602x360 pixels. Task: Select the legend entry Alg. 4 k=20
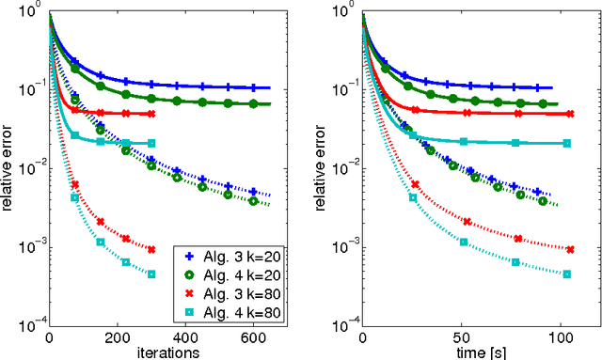(x=234, y=274)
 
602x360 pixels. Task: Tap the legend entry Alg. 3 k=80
(x=234, y=292)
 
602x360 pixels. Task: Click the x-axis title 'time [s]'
(x=481, y=352)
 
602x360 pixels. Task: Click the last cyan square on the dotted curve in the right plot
(x=566, y=274)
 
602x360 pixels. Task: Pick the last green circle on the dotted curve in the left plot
(x=252, y=200)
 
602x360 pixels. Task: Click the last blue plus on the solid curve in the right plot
(x=537, y=87)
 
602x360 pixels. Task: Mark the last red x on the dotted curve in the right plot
(x=566, y=249)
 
